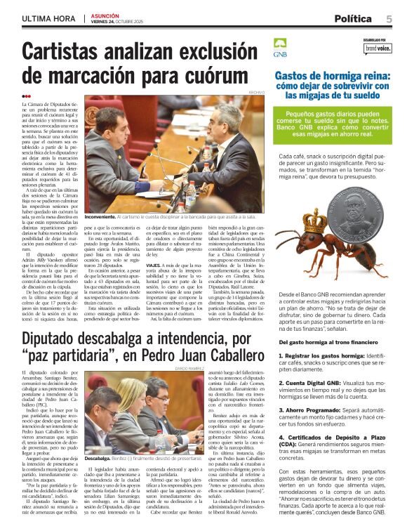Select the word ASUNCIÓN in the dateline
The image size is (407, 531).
click(105, 15)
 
